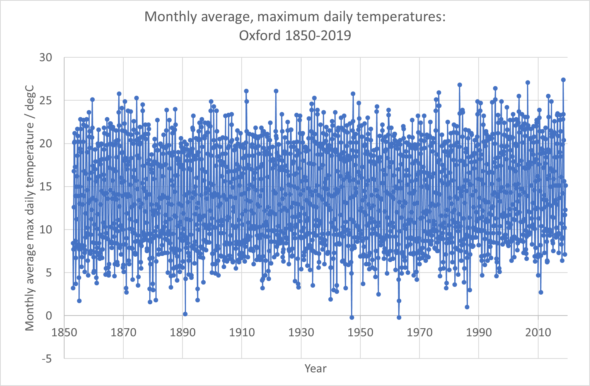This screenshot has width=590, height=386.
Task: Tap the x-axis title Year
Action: [x=315, y=368]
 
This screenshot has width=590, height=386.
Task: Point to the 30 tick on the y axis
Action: [x=45, y=57]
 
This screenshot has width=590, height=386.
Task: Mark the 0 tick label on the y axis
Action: [x=48, y=316]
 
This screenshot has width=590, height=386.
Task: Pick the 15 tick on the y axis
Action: [x=45, y=187]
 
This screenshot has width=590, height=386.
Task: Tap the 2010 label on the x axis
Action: [x=538, y=332]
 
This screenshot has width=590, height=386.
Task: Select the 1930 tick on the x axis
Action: [x=301, y=332]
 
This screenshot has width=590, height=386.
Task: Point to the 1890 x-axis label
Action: [x=182, y=332]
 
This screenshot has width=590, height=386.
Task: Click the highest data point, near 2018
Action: [x=563, y=80]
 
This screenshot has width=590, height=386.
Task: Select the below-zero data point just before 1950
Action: [x=352, y=317]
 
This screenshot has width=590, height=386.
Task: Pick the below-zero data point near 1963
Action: [x=399, y=317]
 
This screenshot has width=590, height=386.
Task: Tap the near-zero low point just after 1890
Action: [x=185, y=314]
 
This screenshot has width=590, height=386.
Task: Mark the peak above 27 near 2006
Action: [x=528, y=82]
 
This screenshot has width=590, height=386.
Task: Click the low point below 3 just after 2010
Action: [x=541, y=292]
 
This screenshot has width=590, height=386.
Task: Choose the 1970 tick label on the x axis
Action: [x=419, y=332]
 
